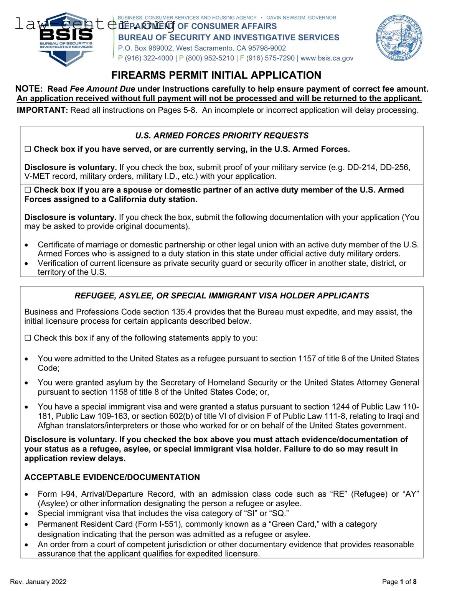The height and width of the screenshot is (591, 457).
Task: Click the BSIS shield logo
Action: pyautogui.click(x=66, y=39)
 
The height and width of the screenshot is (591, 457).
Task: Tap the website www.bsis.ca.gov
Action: pyautogui.click(x=327, y=58)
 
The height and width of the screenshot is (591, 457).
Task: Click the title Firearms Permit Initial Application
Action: pyautogui.click(x=216, y=75)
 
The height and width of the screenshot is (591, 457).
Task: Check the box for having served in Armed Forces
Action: pyautogui.click(x=28, y=149)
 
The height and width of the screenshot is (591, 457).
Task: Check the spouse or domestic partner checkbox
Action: pyautogui.click(x=28, y=190)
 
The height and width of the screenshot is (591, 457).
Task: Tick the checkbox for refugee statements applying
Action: pyautogui.click(x=28, y=338)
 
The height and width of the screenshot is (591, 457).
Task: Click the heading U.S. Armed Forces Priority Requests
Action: pyautogui.click(x=222, y=136)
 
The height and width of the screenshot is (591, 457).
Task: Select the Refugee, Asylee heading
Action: pyautogui.click(x=222, y=296)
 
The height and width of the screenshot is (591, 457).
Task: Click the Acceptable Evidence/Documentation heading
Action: pyautogui.click(x=112, y=477)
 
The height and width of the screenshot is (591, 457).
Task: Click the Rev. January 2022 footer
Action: pyautogui.click(x=38, y=582)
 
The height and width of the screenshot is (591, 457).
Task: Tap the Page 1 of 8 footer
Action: pyautogui.click(x=399, y=582)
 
